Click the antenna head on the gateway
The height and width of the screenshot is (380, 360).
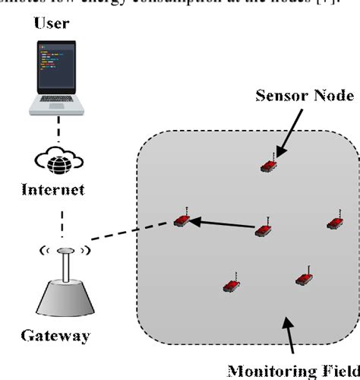pos(64,250)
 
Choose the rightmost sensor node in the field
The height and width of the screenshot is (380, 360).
pos(333,223)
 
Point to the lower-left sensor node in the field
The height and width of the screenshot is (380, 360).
pos(232,285)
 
